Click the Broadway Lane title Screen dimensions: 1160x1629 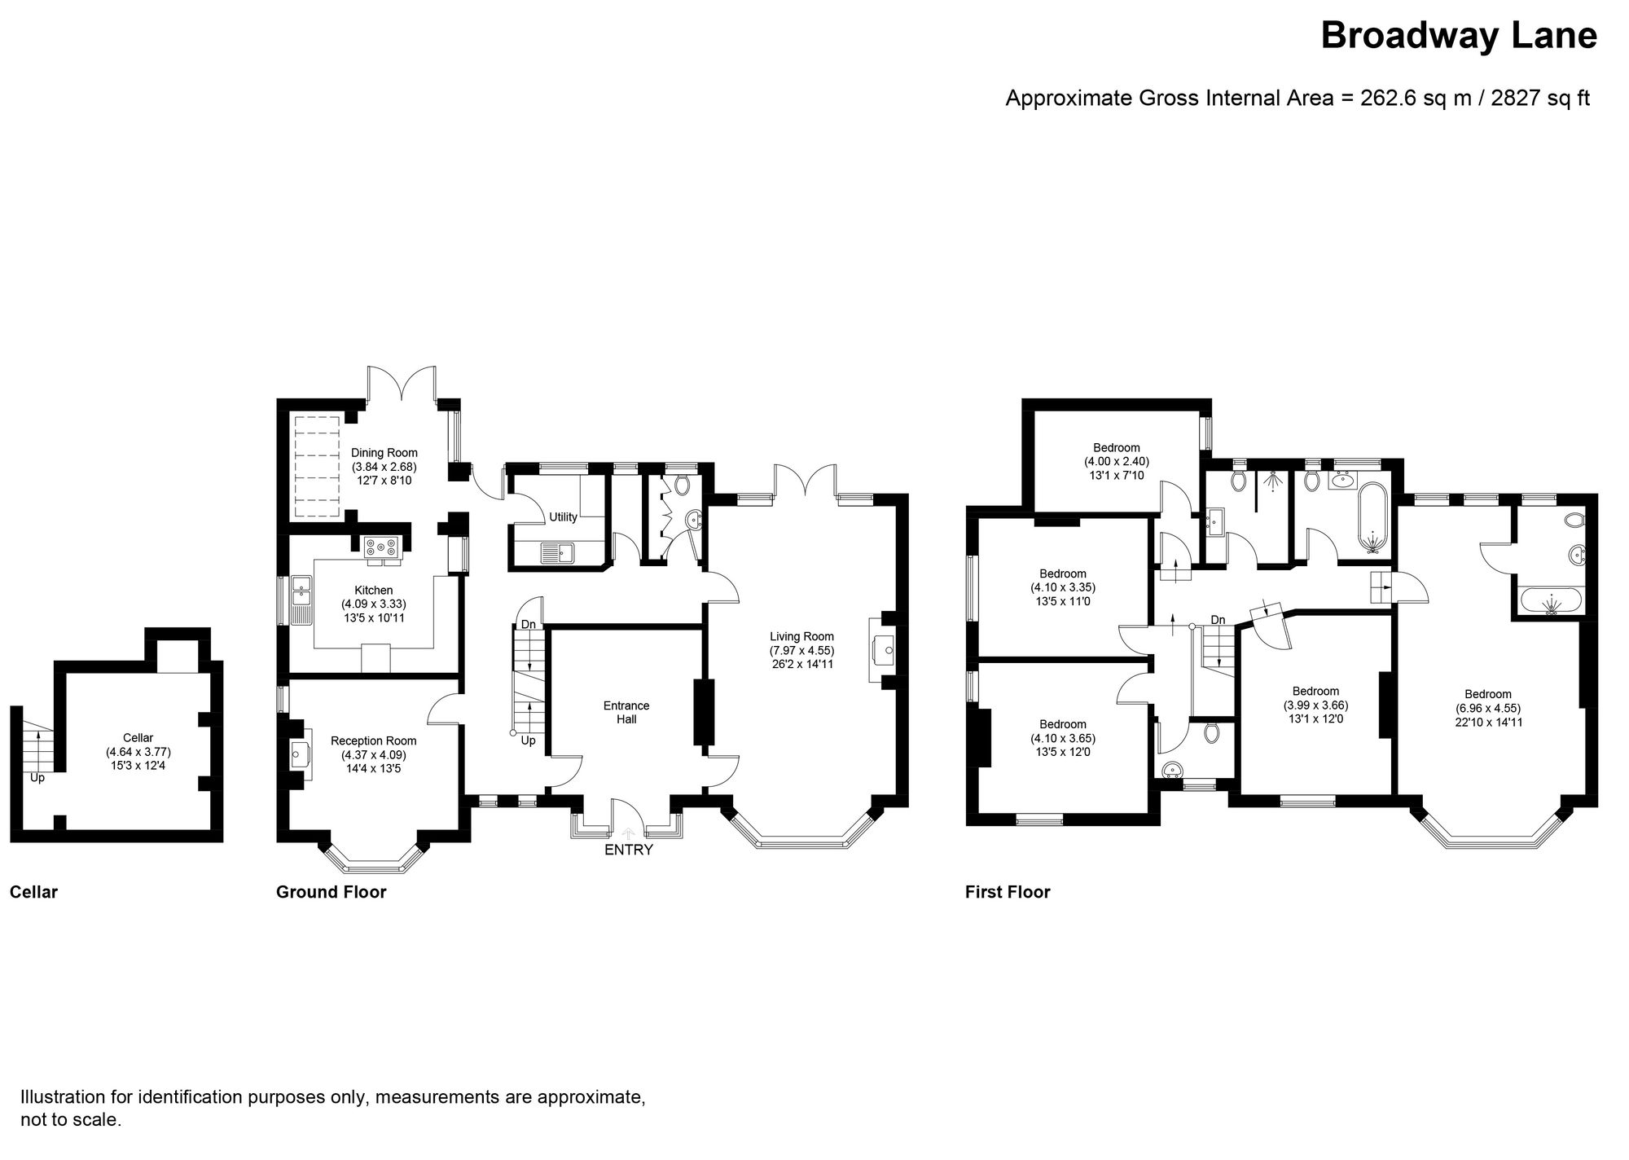click(x=1458, y=36)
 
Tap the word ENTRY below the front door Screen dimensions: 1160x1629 click(x=629, y=850)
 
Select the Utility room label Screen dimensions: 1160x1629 click(x=563, y=517)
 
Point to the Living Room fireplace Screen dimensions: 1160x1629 click(x=882, y=650)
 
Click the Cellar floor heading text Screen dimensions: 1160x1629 click(x=33, y=892)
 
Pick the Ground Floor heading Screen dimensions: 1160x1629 click(x=331, y=892)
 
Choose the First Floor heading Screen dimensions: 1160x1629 click(x=1008, y=892)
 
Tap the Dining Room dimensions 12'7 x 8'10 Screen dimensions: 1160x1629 click(x=384, y=481)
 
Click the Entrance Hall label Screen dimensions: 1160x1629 click(x=626, y=712)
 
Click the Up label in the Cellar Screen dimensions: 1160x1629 click(x=37, y=778)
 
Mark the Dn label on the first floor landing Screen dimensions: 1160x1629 click(x=1218, y=620)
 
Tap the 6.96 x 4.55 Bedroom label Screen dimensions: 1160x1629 click(x=1488, y=708)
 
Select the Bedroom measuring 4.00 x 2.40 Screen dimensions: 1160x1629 click(x=1116, y=461)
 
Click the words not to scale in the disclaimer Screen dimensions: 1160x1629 click(x=71, y=1120)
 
